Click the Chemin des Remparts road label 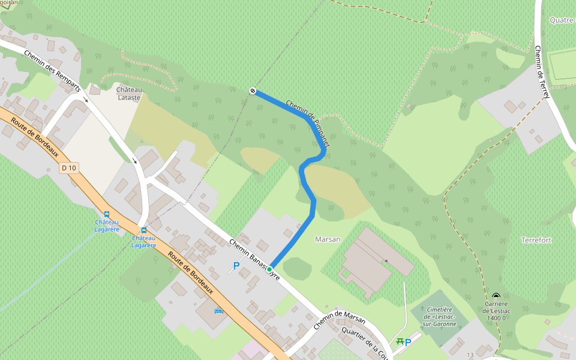point(52,71)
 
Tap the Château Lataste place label point(128,93)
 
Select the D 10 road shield point(69,168)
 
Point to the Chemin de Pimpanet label point(308,123)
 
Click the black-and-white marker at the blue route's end point(253,91)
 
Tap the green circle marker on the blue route point(269,269)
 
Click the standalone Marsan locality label point(328,239)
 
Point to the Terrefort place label point(536,240)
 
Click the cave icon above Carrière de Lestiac point(496,296)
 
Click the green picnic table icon point(400,341)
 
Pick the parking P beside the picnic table point(408,342)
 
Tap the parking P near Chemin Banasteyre point(236,265)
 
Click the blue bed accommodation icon point(218,311)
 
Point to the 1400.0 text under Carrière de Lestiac point(497,318)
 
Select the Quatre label point(562,20)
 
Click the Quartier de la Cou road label point(364,341)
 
